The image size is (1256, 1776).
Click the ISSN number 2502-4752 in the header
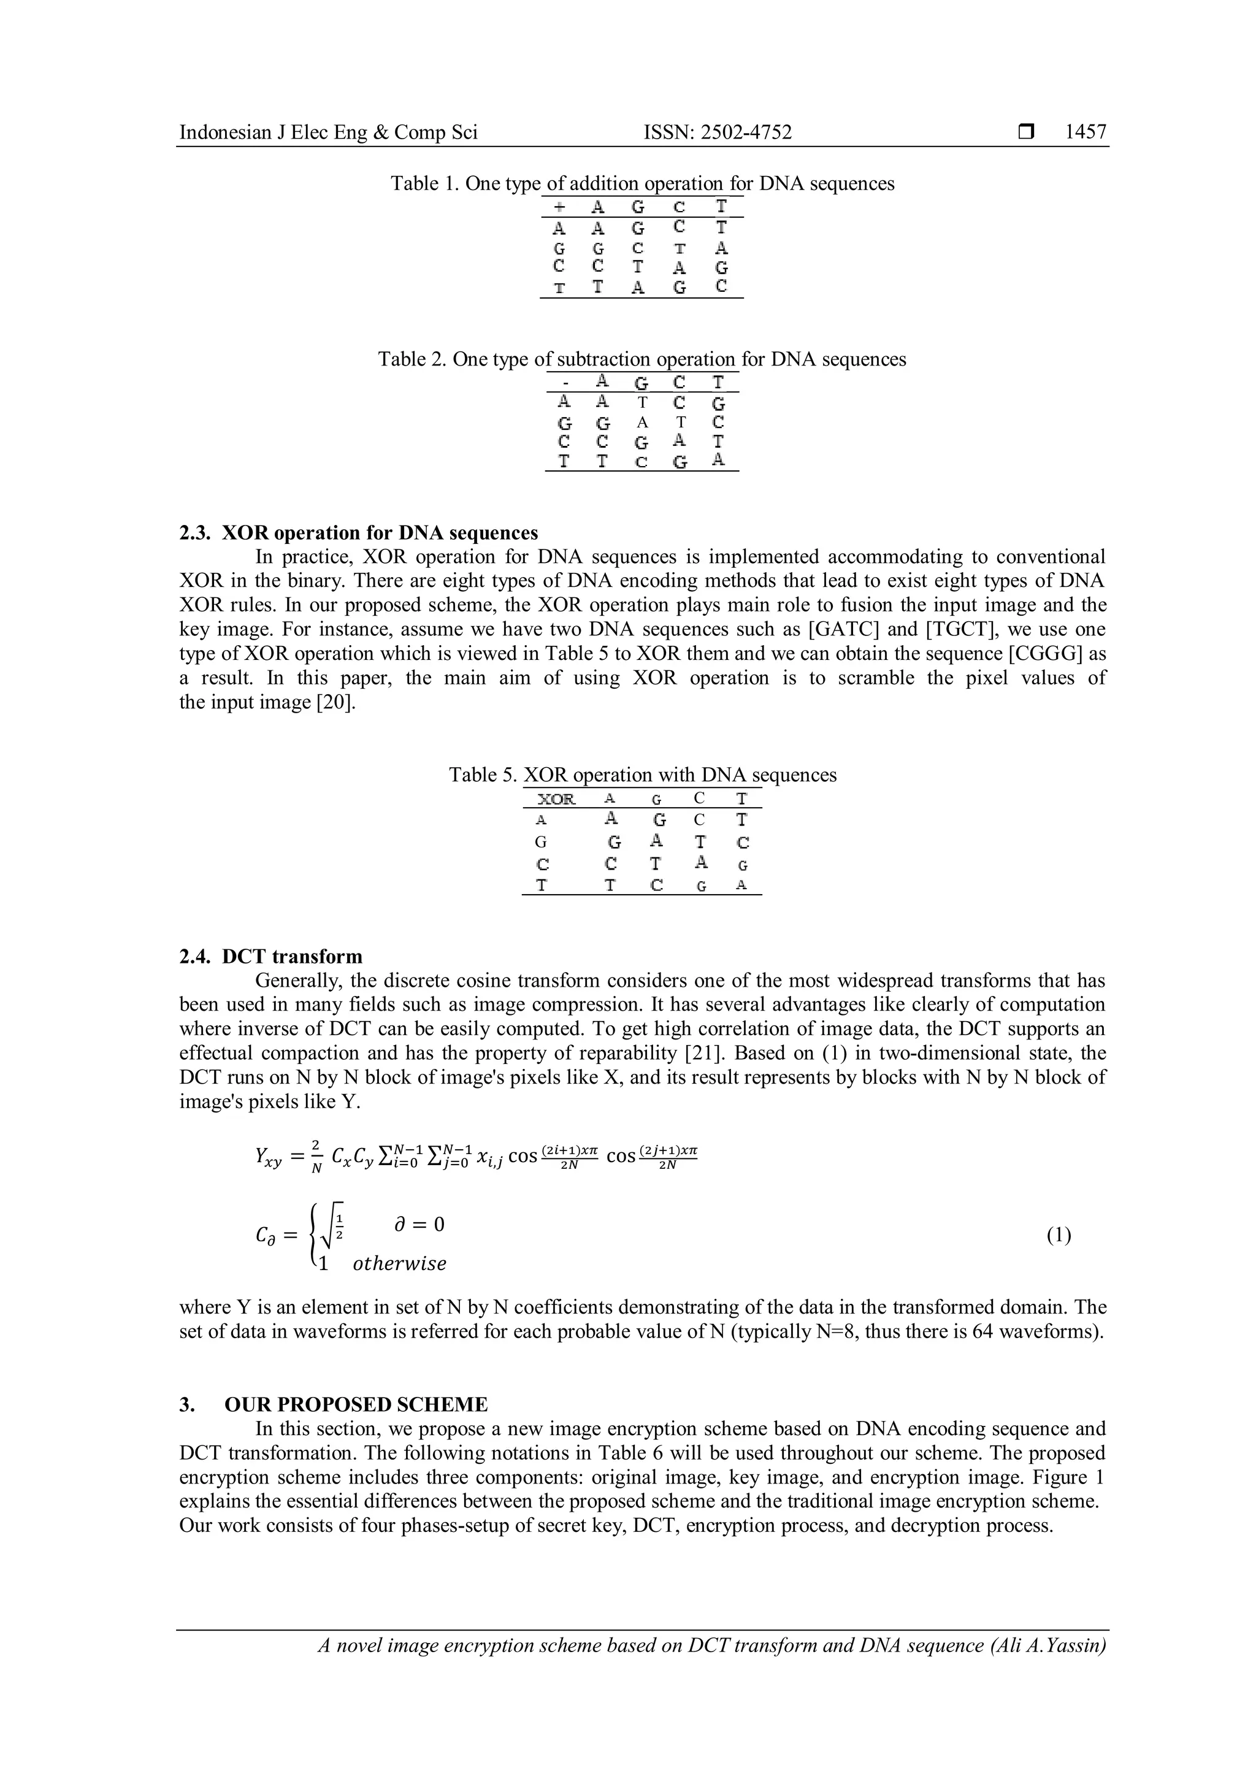coord(718,132)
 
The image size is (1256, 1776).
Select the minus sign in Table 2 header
coord(566,383)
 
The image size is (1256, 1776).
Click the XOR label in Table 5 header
coord(556,799)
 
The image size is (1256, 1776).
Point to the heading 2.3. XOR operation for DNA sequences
coord(358,533)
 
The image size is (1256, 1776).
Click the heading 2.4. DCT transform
coord(270,956)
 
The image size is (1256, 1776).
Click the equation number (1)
coord(1059,1235)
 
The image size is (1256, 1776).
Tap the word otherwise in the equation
coord(399,1263)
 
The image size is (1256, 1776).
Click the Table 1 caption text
coord(642,183)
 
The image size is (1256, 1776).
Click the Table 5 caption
coord(642,775)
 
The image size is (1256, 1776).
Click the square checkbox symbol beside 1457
coord(1026,133)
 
